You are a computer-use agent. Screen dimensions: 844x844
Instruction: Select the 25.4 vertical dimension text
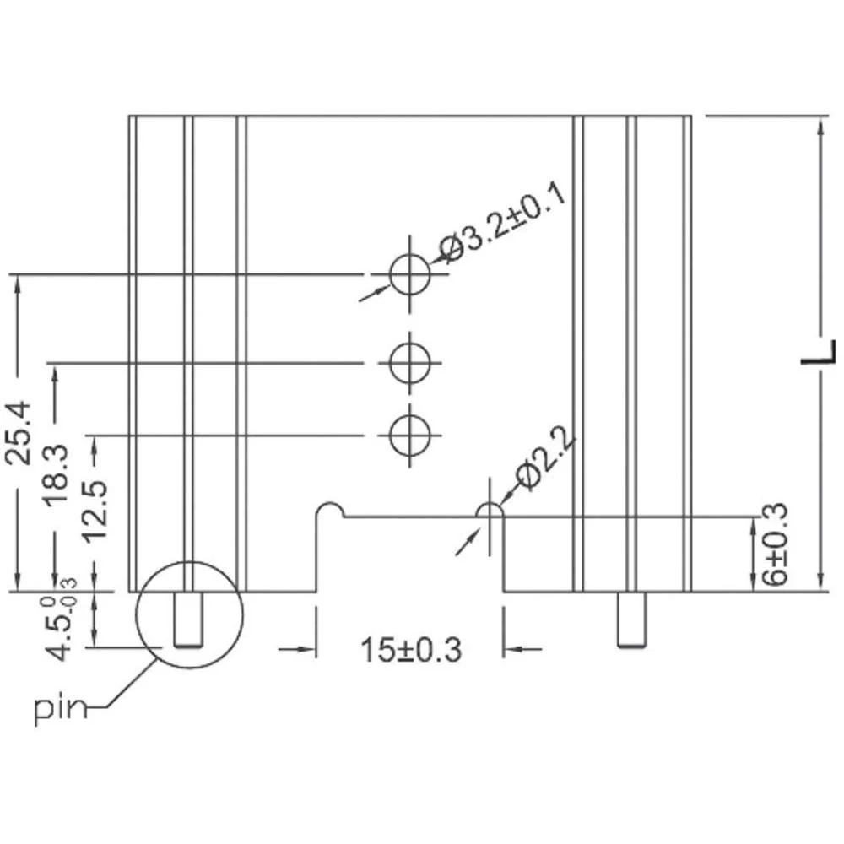pyautogui.click(x=19, y=432)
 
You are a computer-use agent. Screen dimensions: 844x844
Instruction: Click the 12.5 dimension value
pyautogui.click(x=95, y=511)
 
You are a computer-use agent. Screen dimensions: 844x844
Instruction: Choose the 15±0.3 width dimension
pyautogui.click(x=411, y=650)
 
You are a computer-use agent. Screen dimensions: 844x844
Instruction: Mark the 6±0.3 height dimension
pyautogui.click(x=773, y=544)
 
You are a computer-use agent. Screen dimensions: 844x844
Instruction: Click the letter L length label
pyautogui.click(x=818, y=352)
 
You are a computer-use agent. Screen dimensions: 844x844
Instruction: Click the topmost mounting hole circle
pyautogui.click(x=410, y=274)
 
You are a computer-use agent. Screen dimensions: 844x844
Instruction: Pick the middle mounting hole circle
pyautogui.click(x=410, y=364)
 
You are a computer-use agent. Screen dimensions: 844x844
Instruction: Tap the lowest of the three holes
pyautogui.click(x=410, y=436)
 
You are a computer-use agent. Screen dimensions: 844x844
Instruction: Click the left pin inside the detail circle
pyautogui.click(x=188, y=620)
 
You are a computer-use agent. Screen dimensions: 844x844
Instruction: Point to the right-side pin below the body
pyautogui.click(x=628, y=620)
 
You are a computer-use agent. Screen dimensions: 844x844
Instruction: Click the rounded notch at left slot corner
pyautogui.click(x=330, y=511)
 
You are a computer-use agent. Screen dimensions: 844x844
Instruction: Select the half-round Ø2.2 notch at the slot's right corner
pyautogui.click(x=490, y=511)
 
